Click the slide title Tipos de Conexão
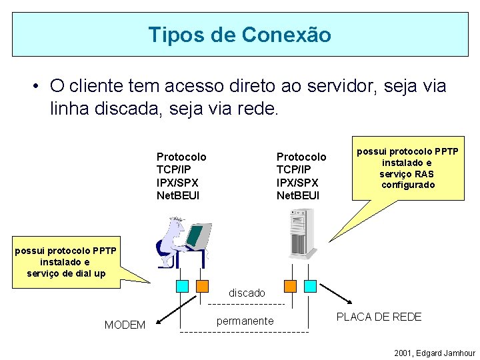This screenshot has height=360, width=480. pos(239,35)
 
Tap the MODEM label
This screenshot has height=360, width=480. pos(125,325)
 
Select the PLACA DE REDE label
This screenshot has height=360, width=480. pos(379,317)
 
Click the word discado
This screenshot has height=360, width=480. pos(247,293)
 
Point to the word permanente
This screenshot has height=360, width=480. pos(245,321)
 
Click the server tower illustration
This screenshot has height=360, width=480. pos(302,233)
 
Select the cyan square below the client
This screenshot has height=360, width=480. pos(183,286)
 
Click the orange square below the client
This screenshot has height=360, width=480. pos(202,286)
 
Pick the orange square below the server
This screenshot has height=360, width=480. pos(290,286)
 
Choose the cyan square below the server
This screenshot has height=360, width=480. pos(310,286)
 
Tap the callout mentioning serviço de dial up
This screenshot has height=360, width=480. pos(66,262)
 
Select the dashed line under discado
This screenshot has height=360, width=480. pos(247,304)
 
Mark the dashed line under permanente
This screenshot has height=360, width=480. pos(245,331)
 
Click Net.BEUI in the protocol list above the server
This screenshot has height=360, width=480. pos(298,195)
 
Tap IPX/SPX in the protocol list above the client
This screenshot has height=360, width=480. pos(177,182)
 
